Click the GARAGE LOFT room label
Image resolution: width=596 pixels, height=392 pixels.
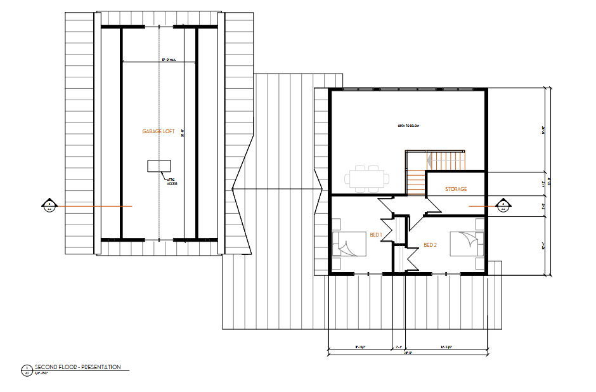click(x=158, y=131)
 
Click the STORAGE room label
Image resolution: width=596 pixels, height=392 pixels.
click(x=456, y=190)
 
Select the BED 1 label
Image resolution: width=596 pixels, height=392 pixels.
click(x=375, y=235)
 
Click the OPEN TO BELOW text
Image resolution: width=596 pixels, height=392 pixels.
click(x=408, y=126)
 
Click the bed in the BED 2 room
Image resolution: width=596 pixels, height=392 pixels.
click(x=466, y=244)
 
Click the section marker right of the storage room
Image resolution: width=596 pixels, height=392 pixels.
click(x=503, y=206)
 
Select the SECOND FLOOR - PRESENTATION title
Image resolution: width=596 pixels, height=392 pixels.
click(x=77, y=367)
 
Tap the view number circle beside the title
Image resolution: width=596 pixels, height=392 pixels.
click(x=27, y=370)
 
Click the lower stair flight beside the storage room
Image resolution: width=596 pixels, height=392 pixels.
click(x=415, y=184)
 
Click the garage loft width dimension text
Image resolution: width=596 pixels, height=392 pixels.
click(x=169, y=60)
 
